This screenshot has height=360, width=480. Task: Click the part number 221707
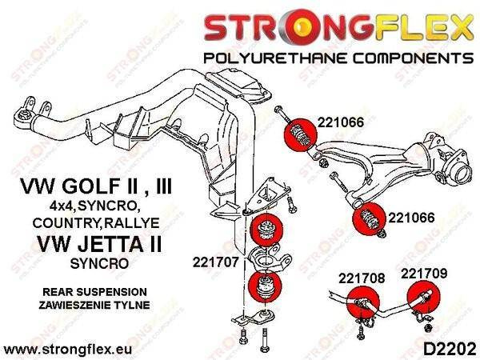tap(215, 262)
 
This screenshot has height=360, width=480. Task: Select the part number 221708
tap(362, 278)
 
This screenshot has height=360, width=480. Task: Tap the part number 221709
tap(424, 274)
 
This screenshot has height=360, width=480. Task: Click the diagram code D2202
tap(449, 349)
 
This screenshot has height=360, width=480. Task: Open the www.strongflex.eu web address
tap(67, 350)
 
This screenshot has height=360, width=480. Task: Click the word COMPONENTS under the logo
tap(414, 58)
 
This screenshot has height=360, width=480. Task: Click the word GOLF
tap(97, 186)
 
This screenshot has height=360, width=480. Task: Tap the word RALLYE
tap(132, 223)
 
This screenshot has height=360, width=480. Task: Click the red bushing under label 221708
tap(363, 302)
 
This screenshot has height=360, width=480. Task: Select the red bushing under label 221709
tap(424, 297)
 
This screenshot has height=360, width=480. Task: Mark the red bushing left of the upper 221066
tap(300, 134)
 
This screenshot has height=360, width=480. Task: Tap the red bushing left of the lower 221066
tap(369, 219)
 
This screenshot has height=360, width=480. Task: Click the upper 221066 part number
tap(341, 122)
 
